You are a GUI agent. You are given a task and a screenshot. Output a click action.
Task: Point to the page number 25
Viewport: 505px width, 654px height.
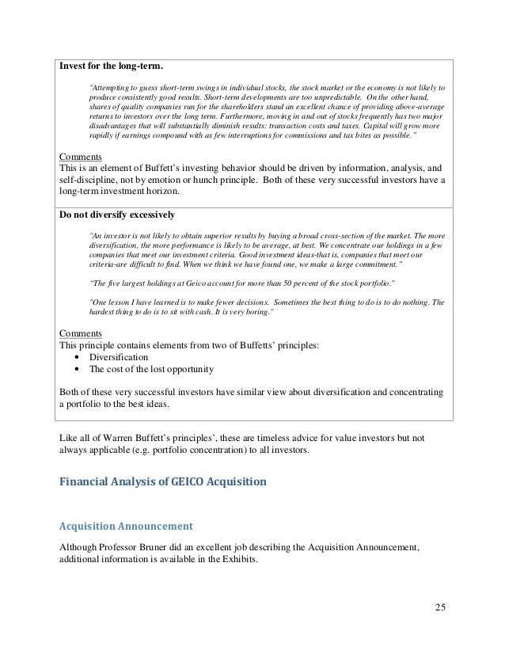441,607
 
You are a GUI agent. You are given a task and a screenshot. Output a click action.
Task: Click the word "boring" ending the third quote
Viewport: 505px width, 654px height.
251,314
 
